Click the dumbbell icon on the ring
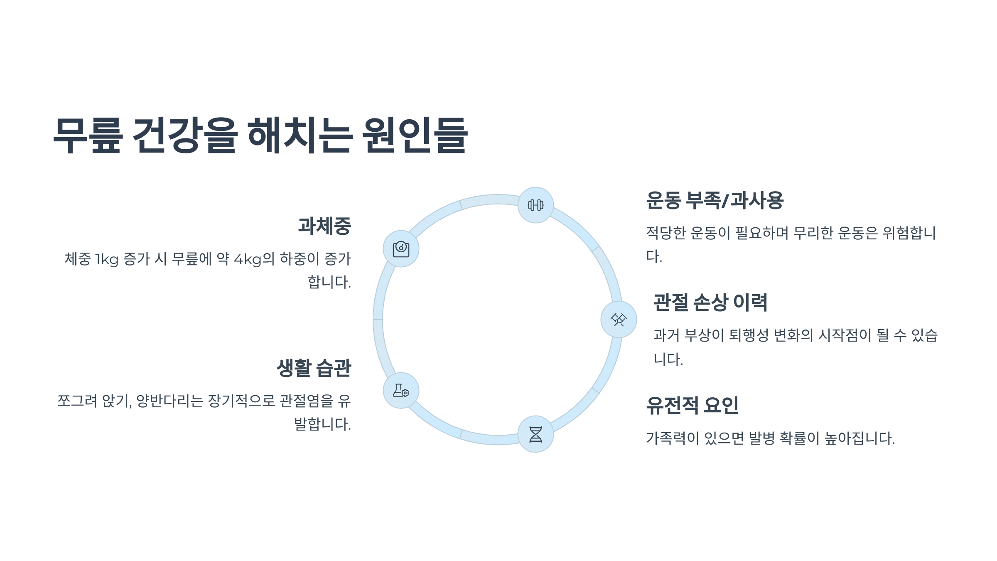[535, 205]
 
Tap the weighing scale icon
[401, 249]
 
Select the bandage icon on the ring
[619, 320]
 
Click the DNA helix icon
[535, 434]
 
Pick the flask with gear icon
[401, 391]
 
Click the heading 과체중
[324, 226]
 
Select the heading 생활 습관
[314, 368]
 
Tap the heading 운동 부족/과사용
[715, 200]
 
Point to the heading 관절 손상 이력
[710, 303]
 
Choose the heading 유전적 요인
[692, 405]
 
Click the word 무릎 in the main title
[88, 135]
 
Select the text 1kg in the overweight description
[107, 259]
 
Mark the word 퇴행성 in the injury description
[749, 335]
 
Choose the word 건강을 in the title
[185, 135]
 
